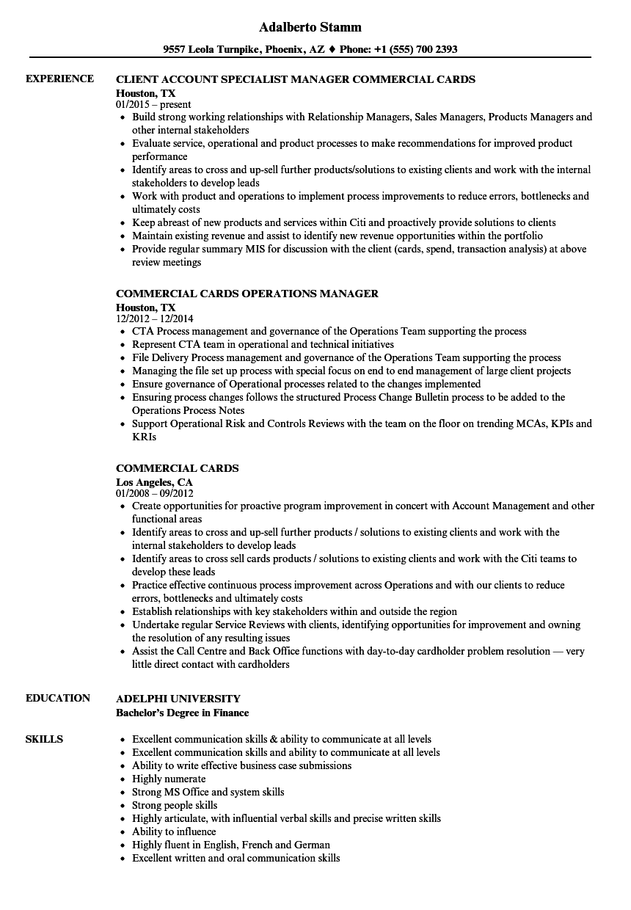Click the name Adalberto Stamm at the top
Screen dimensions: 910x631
[x=310, y=27]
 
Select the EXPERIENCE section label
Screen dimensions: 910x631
[x=59, y=79]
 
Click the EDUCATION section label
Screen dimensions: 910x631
[x=58, y=698]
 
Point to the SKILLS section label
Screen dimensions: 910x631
[x=44, y=739]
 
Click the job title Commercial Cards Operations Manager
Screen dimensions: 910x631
[x=247, y=294]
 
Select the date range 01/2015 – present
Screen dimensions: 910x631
[x=153, y=104]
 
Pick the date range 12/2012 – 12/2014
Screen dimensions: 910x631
[x=154, y=318]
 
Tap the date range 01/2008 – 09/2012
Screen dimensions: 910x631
[x=154, y=493]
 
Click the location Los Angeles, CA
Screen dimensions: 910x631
[x=154, y=482]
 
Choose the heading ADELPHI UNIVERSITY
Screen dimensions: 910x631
[x=178, y=699]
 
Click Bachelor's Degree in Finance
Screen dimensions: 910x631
[x=183, y=713]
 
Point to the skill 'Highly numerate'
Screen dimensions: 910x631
[x=169, y=779]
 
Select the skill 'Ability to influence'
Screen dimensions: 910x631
[x=174, y=831]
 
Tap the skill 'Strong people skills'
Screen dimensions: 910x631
[x=175, y=805]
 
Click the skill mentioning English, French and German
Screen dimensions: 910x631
[x=231, y=845]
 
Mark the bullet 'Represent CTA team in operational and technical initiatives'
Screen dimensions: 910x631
[x=263, y=344]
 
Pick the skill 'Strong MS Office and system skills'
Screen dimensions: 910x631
[x=208, y=792]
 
